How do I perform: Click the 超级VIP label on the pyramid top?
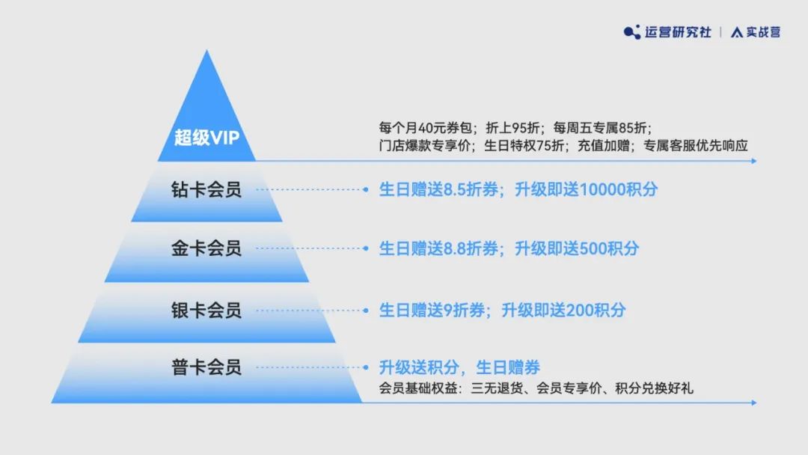click(x=206, y=138)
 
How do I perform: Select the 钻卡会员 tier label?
click(x=206, y=189)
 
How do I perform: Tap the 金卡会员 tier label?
click(x=206, y=248)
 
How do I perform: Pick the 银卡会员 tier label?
click(x=206, y=311)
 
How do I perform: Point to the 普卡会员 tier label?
click(x=206, y=367)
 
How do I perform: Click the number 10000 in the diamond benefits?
click(x=602, y=189)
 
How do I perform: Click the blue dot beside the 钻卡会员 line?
click(x=365, y=189)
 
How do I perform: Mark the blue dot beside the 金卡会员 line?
click(x=365, y=248)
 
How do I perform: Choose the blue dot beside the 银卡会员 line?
click(x=365, y=311)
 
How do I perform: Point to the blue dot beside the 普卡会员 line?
click(x=365, y=367)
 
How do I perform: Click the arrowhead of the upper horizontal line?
click(x=754, y=162)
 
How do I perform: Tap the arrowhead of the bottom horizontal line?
click(x=754, y=403)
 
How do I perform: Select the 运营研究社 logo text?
click(x=678, y=32)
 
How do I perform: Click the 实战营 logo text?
click(x=763, y=32)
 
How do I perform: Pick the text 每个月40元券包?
click(x=425, y=128)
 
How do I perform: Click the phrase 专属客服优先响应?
click(x=696, y=146)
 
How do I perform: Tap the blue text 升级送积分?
click(x=419, y=367)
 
